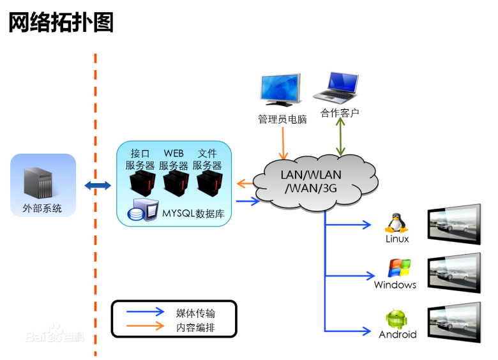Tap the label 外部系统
pos(42,208)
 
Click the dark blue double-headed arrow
pos(98,185)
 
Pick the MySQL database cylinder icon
pos(142,211)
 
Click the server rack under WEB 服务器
pos(175,183)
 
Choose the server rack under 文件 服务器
pos(209,183)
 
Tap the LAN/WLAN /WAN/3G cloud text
pos(311,181)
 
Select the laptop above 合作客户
pos(337,88)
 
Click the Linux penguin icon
pos(396,222)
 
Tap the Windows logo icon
pos(398,268)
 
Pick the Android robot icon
pos(396,319)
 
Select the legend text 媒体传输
pos(195,313)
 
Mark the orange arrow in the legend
pos(146,327)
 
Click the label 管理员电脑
pos(282,119)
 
